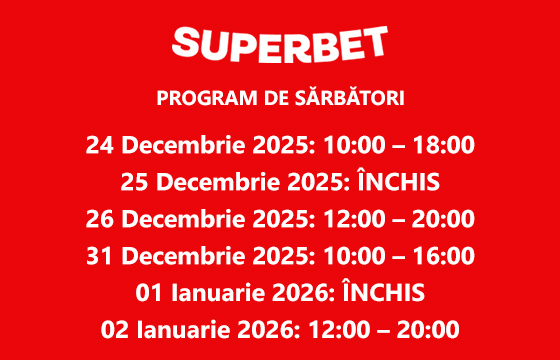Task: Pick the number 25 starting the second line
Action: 134,183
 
